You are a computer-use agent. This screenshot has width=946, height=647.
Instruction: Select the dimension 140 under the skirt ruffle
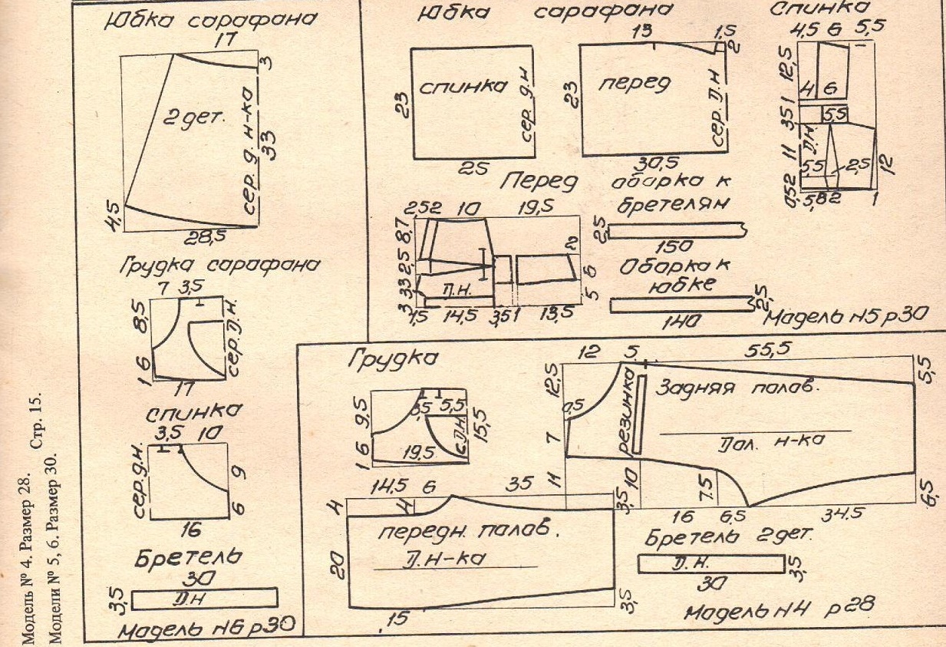click(677, 325)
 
